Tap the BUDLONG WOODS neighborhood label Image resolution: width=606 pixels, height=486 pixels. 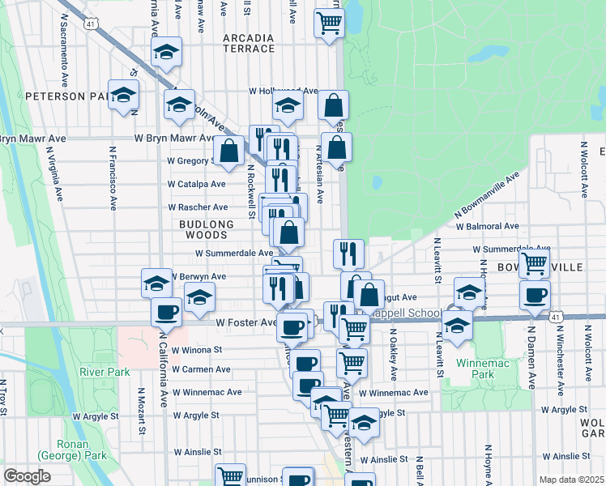click(206, 229)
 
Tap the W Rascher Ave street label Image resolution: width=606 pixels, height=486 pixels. click(198, 207)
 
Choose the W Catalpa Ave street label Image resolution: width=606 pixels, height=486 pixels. click(196, 185)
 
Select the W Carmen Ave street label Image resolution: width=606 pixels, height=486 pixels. click(198, 369)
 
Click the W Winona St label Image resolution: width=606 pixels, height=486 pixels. click(195, 351)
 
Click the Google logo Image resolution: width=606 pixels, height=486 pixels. click(27, 476)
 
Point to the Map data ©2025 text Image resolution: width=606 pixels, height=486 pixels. click(573, 480)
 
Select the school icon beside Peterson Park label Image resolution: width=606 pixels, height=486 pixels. click(124, 96)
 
